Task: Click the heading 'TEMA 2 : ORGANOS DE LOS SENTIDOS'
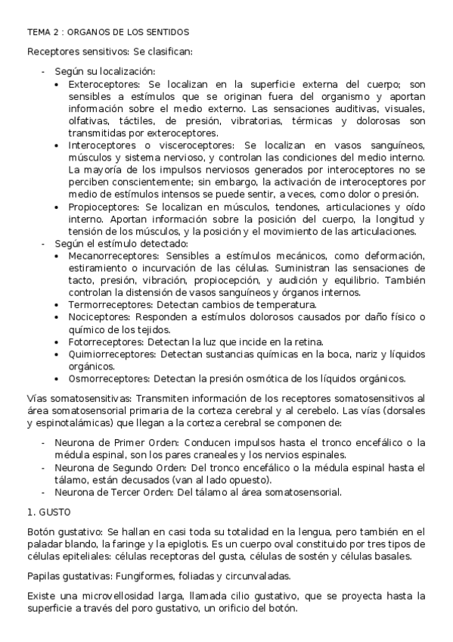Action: (108, 33)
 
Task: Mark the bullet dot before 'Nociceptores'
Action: (60, 316)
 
